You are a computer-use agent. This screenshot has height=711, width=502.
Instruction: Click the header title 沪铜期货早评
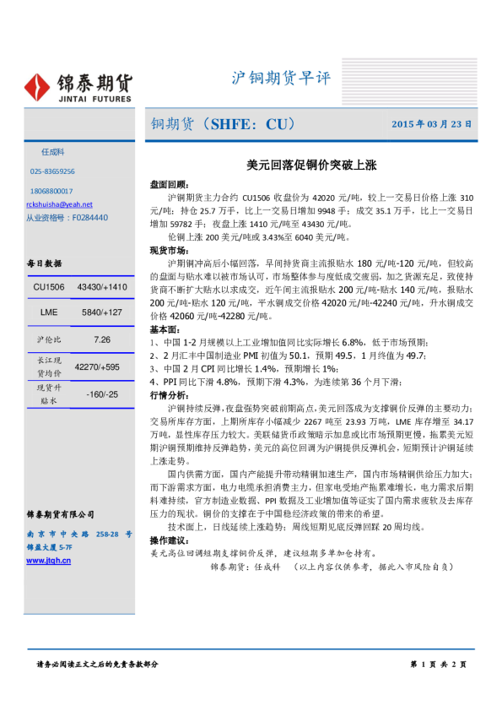(x=281, y=79)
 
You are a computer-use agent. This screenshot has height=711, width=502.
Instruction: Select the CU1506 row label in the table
(x=49, y=288)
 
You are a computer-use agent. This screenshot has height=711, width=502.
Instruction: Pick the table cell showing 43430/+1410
(x=101, y=288)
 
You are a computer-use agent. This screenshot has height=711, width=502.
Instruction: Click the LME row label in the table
(x=49, y=313)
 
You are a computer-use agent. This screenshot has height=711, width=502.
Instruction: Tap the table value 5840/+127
(x=101, y=313)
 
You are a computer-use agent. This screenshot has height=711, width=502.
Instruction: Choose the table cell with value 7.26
(x=102, y=339)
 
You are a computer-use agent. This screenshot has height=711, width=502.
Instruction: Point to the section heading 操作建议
(x=169, y=540)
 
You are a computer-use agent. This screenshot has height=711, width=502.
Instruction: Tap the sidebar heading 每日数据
(x=42, y=263)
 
